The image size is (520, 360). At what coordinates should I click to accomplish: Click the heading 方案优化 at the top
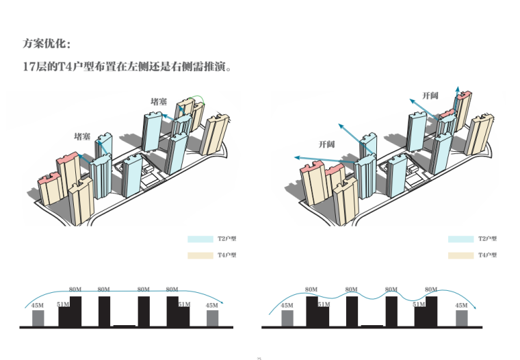pyautogui.click(x=46, y=44)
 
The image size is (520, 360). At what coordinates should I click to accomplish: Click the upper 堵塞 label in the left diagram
pyautogui.click(x=159, y=101)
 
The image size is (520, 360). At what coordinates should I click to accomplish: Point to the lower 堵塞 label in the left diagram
pyautogui.click(x=82, y=136)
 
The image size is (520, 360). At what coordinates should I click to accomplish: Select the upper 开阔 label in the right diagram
pyautogui.click(x=430, y=95)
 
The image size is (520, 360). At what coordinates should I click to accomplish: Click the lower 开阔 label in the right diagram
pyautogui.click(x=326, y=144)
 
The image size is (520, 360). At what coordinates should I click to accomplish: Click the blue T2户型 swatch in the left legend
pyautogui.click(x=200, y=240)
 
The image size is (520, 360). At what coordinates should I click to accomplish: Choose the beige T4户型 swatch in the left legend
pyautogui.click(x=200, y=255)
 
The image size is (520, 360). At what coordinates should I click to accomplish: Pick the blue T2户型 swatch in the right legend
pyautogui.click(x=460, y=240)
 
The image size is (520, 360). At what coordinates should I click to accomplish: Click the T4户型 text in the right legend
pyautogui.click(x=487, y=255)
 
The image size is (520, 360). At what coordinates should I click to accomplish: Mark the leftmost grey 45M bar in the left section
pyautogui.click(x=38, y=318)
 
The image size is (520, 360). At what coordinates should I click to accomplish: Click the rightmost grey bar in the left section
pyautogui.click(x=212, y=318)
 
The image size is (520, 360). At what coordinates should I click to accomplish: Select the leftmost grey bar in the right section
pyautogui.click(x=287, y=318)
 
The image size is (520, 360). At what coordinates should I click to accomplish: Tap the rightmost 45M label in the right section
pyautogui.click(x=461, y=305)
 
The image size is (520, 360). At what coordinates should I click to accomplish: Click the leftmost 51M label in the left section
pyautogui.click(x=63, y=304)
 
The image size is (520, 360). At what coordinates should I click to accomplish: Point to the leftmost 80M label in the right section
pyautogui.click(x=311, y=290)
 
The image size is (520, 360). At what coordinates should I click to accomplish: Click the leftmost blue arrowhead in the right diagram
pyautogui.click(x=295, y=157)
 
